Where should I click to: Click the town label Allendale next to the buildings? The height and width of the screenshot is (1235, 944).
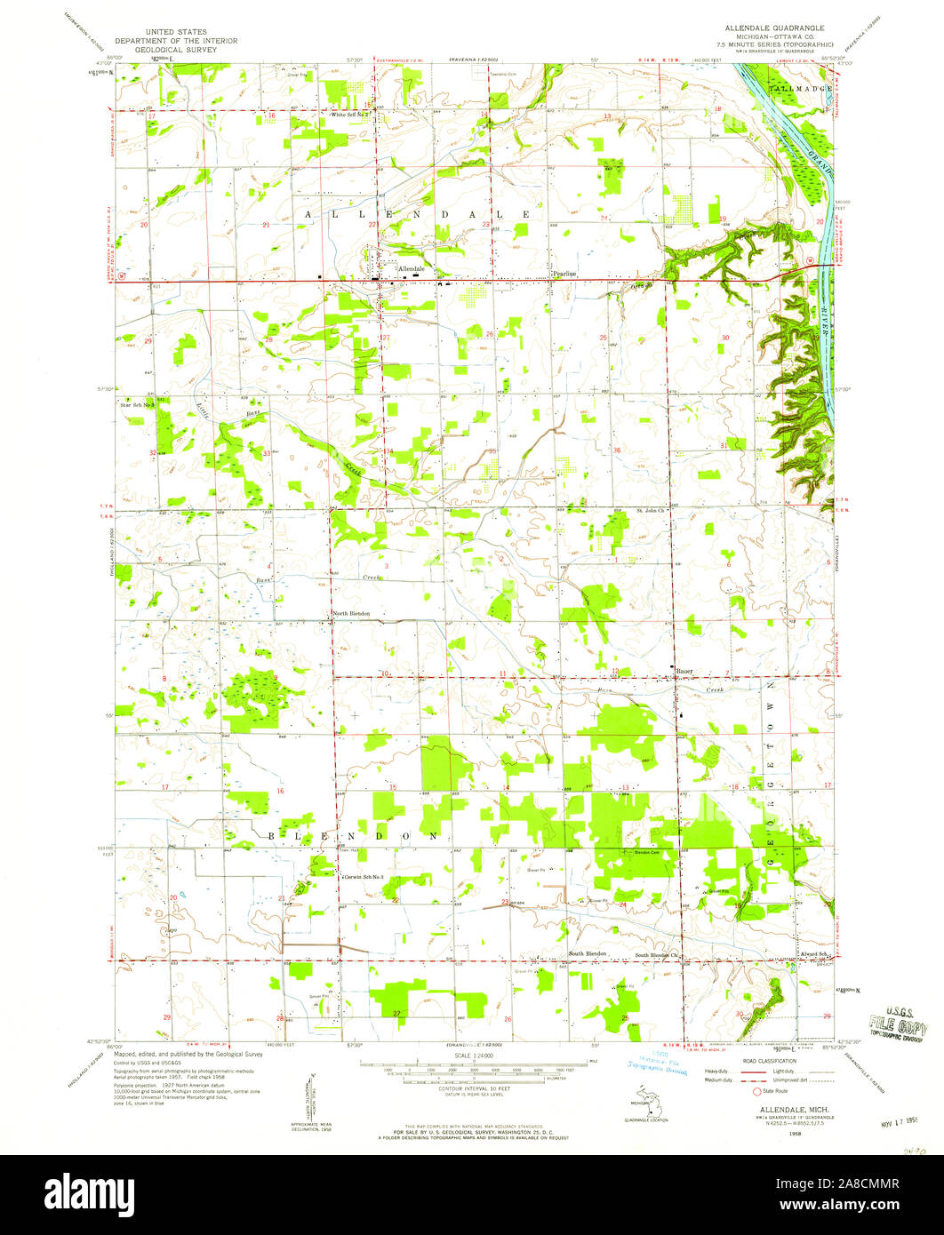(x=412, y=268)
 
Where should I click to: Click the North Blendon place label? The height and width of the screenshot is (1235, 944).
(x=350, y=614)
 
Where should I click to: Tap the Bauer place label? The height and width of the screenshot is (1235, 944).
(x=684, y=671)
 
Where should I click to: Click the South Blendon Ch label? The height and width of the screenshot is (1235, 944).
(x=657, y=955)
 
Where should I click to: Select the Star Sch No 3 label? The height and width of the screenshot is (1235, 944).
(x=139, y=404)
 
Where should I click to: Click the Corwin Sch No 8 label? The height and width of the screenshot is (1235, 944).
(x=365, y=877)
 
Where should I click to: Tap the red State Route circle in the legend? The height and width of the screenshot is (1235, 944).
(x=758, y=1090)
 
